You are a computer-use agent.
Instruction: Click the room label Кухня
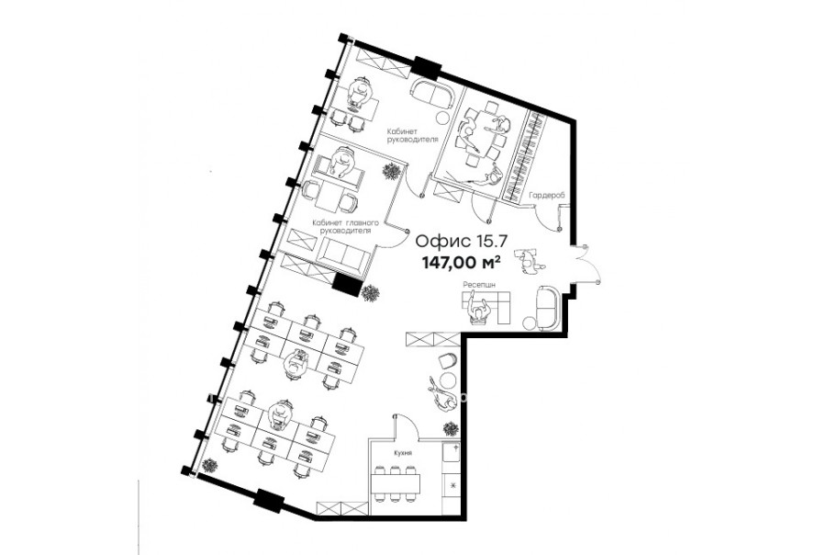coord(403,453)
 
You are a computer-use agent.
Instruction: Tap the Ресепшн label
coord(479,284)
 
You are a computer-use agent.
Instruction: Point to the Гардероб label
coord(547,195)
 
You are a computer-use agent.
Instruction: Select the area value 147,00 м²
coord(461,261)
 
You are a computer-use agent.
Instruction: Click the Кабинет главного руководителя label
coord(345,227)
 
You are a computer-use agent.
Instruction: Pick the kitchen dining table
coord(396,482)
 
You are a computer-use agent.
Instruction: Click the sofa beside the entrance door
coord(549,308)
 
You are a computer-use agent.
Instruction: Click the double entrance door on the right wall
coord(586,265)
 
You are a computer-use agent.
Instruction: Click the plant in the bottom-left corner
coord(209,465)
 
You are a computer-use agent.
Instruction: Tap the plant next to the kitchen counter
coord(451,427)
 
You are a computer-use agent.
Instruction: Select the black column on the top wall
coord(426,65)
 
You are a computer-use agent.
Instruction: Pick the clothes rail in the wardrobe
coord(526,156)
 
